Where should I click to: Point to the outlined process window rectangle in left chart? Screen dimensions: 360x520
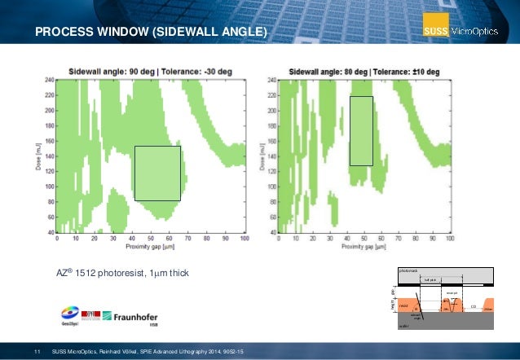(157, 173)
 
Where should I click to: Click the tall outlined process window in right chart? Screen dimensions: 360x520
(361, 130)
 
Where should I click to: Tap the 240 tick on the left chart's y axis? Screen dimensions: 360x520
(49, 80)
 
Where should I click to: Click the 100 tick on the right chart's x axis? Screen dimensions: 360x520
(451, 239)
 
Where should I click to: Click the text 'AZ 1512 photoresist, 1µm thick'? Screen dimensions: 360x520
(121, 271)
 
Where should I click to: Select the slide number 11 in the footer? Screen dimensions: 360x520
(37, 351)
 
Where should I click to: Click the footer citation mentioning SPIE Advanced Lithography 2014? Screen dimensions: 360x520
(147, 351)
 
